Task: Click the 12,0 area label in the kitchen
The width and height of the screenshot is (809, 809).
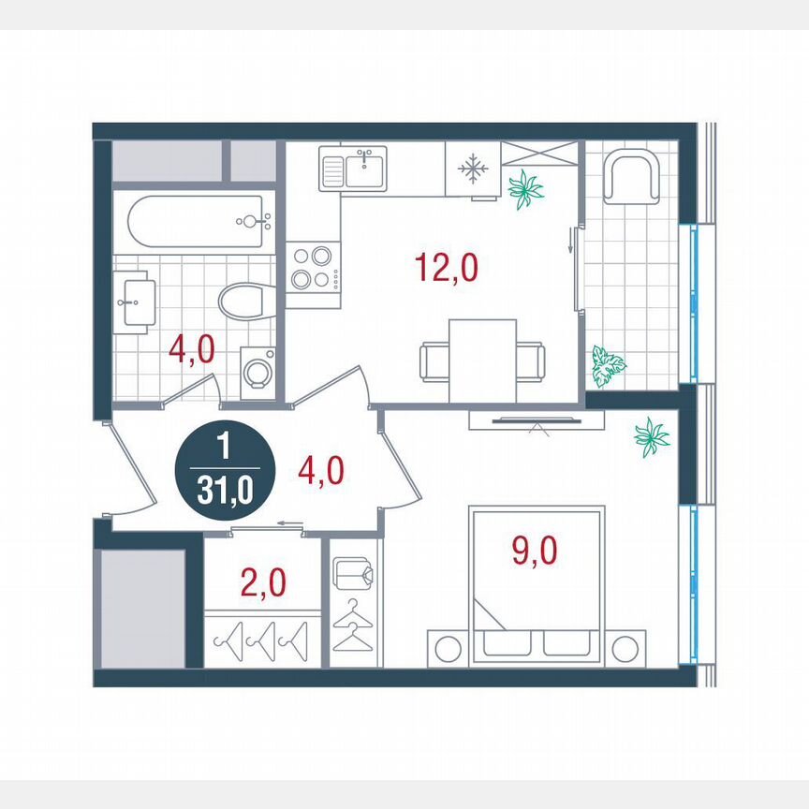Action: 446,268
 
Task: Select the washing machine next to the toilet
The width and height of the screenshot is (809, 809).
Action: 257,371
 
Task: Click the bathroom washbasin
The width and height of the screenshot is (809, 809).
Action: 134,301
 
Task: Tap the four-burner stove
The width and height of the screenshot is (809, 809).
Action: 313,266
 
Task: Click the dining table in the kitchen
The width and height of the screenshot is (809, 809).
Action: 482,360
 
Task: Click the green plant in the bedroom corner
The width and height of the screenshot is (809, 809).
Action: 652,436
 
